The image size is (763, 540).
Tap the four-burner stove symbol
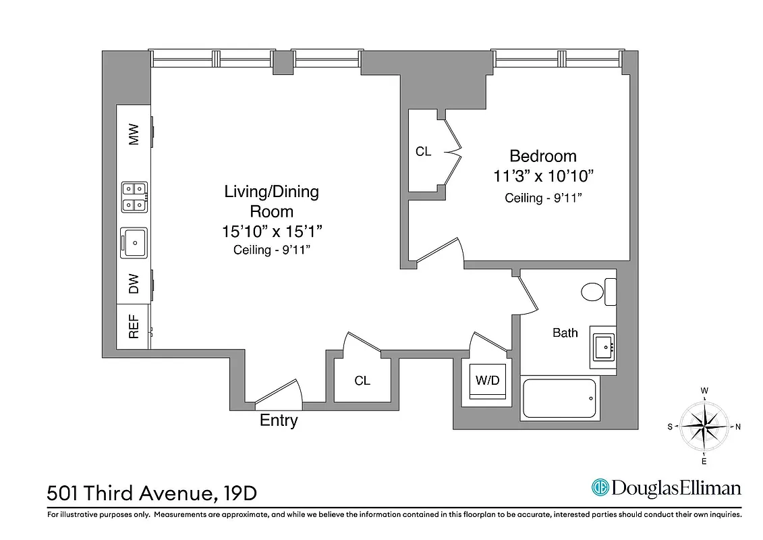click(x=134, y=196)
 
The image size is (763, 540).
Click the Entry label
click(x=279, y=421)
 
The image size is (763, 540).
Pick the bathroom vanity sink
click(x=603, y=347)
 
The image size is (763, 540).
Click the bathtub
click(x=559, y=398)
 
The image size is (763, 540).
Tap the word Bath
click(x=565, y=333)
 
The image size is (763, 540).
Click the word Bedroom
click(x=543, y=156)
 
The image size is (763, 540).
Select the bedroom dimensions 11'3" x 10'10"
click(x=543, y=176)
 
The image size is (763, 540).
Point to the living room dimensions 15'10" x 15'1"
click(x=271, y=231)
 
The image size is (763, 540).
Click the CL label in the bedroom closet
click(x=423, y=152)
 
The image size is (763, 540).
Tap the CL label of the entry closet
click(x=362, y=381)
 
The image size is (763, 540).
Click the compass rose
click(x=704, y=426)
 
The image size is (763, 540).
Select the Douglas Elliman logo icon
click(x=600, y=487)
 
